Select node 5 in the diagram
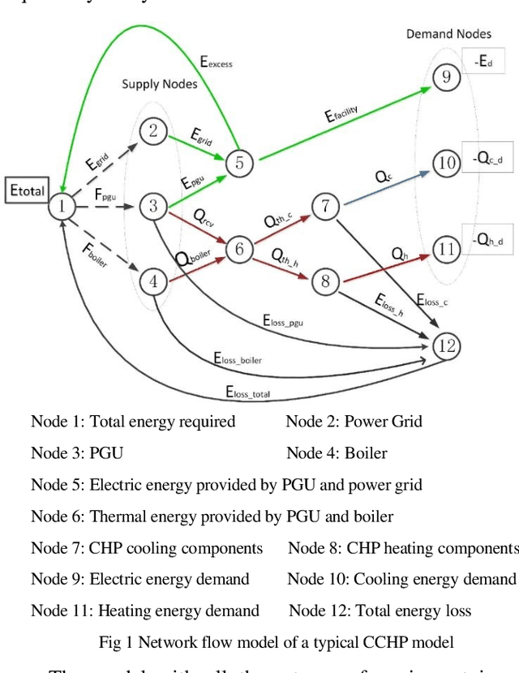(239, 163)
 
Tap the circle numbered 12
(445, 346)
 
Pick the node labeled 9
(445, 77)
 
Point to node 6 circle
(239, 248)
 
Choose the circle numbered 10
(446, 163)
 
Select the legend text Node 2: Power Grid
(354, 422)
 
